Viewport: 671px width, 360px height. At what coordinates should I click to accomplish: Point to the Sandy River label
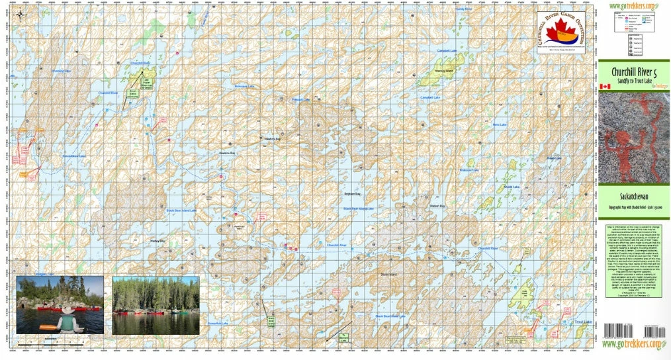tap(464, 9)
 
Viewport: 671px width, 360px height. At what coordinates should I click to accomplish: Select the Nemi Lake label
tap(500, 125)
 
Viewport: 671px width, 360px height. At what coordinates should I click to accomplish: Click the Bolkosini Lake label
tap(245, 86)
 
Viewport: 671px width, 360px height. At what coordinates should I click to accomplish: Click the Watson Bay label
tap(438, 206)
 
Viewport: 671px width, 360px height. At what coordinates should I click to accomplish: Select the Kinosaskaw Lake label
tap(73, 156)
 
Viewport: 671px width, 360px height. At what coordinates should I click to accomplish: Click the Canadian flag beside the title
tap(604, 87)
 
